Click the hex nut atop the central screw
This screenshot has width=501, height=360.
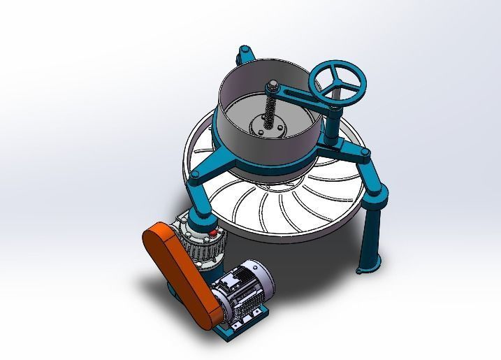pos(270,86)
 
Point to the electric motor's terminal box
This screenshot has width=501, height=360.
pos(229,283)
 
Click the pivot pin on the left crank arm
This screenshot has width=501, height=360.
pos(197,174)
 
